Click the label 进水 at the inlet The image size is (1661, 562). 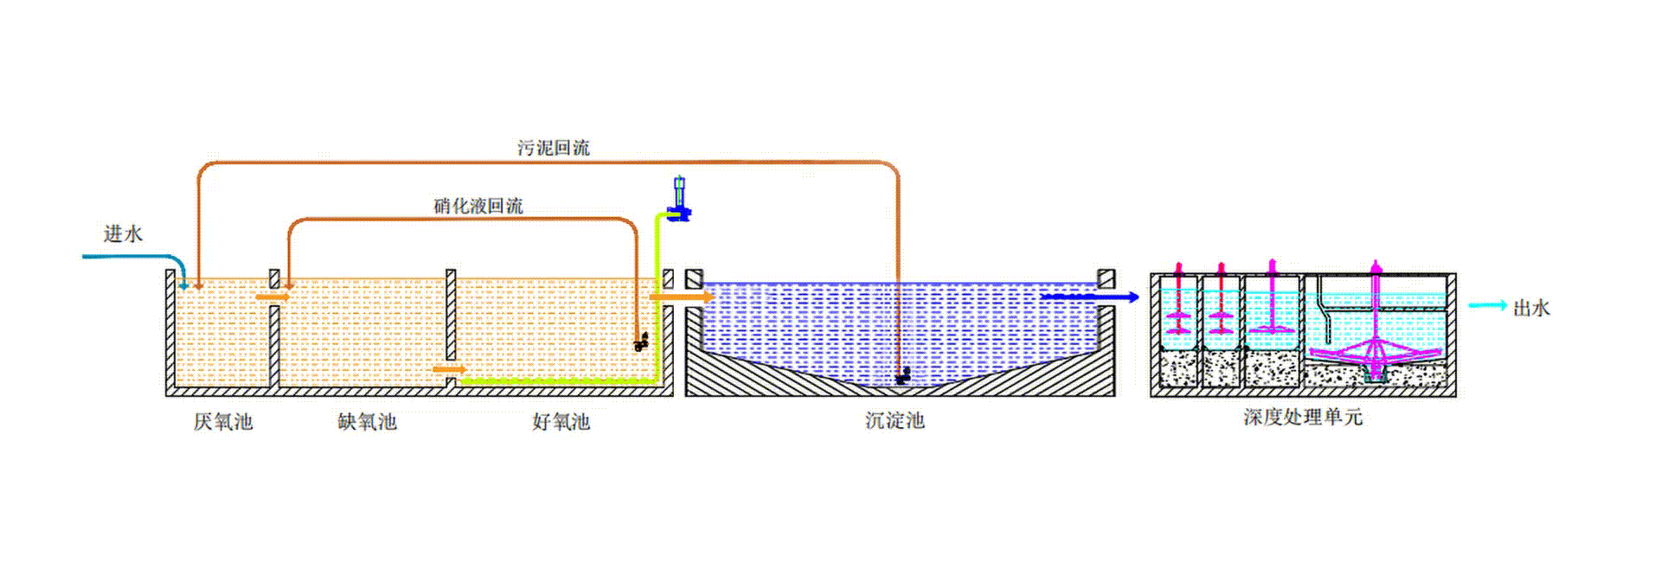pyautogui.click(x=123, y=234)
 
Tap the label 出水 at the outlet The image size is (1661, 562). pyautogui.click(x=1531, y=308)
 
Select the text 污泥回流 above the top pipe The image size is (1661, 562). pyautogui.click(x=554, y=148)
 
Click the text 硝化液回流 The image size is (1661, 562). pyautogui.click(x=478, y=206)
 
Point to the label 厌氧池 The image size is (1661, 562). pyautogui.click(x=222, y=422)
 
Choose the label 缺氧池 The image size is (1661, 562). pyautogui.click(x=367, y=422)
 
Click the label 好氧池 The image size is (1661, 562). pyautogui.click(x=561, y=422)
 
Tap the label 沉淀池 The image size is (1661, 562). pyautogui.click(x=895, y=421)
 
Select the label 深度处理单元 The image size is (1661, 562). pyautogui.click(x=1303, y=418)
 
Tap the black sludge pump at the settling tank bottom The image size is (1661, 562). pyautogui.click(x=902, y=376)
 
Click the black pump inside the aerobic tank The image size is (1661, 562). pyautogui.click(x=641, y=342)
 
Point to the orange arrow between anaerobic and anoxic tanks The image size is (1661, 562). pyautogui.click(x=273, y=297)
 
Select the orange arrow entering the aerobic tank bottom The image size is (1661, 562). pyautogui.click(x=448, y=370)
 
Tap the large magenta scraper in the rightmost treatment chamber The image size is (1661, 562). pyautogui.click(x=1375, y=350)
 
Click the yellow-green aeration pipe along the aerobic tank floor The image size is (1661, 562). pyautogui.click(x=554, y=380)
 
